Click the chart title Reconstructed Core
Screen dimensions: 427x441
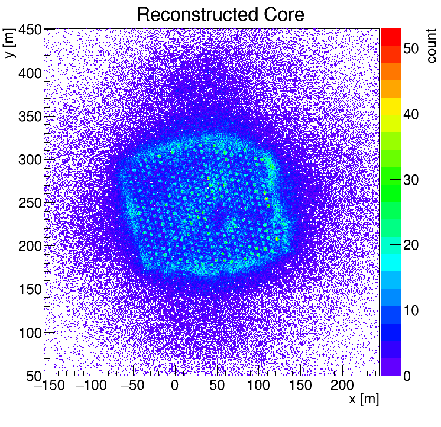tap(220, 14)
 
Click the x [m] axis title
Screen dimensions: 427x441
tap(363, 399)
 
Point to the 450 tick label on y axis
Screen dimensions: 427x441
tap(28, 30)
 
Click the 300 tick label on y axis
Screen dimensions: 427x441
tap(28, 160)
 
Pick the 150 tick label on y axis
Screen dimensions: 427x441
tap(28, 290)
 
